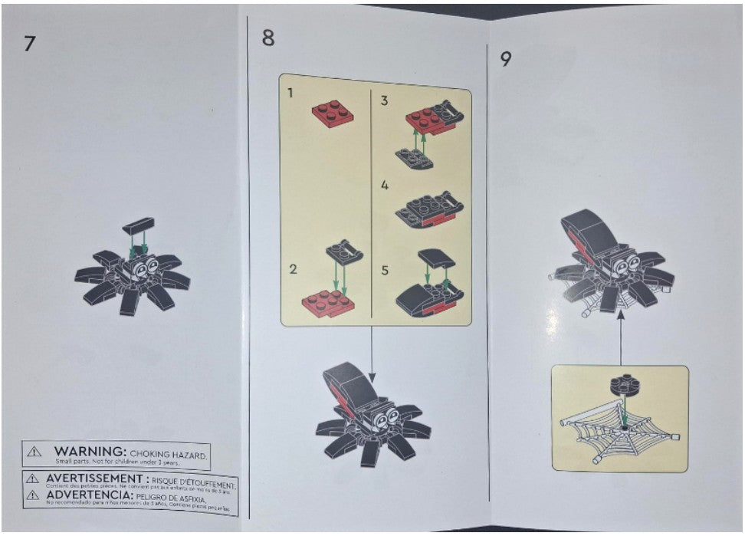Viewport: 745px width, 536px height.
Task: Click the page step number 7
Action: [28, 43]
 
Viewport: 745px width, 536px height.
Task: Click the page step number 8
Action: [267, 37]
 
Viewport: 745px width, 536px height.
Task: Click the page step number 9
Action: [506, 59]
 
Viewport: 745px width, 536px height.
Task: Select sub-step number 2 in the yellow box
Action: [293, 268]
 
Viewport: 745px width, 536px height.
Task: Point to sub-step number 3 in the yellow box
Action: [384, 100]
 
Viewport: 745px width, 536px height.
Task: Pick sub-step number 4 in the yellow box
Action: [385, 186]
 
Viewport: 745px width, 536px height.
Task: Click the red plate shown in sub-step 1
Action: [333, 113]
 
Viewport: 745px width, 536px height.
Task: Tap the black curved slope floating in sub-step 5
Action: [437, 259]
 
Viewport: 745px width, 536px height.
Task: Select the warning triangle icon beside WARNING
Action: [34, 452]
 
